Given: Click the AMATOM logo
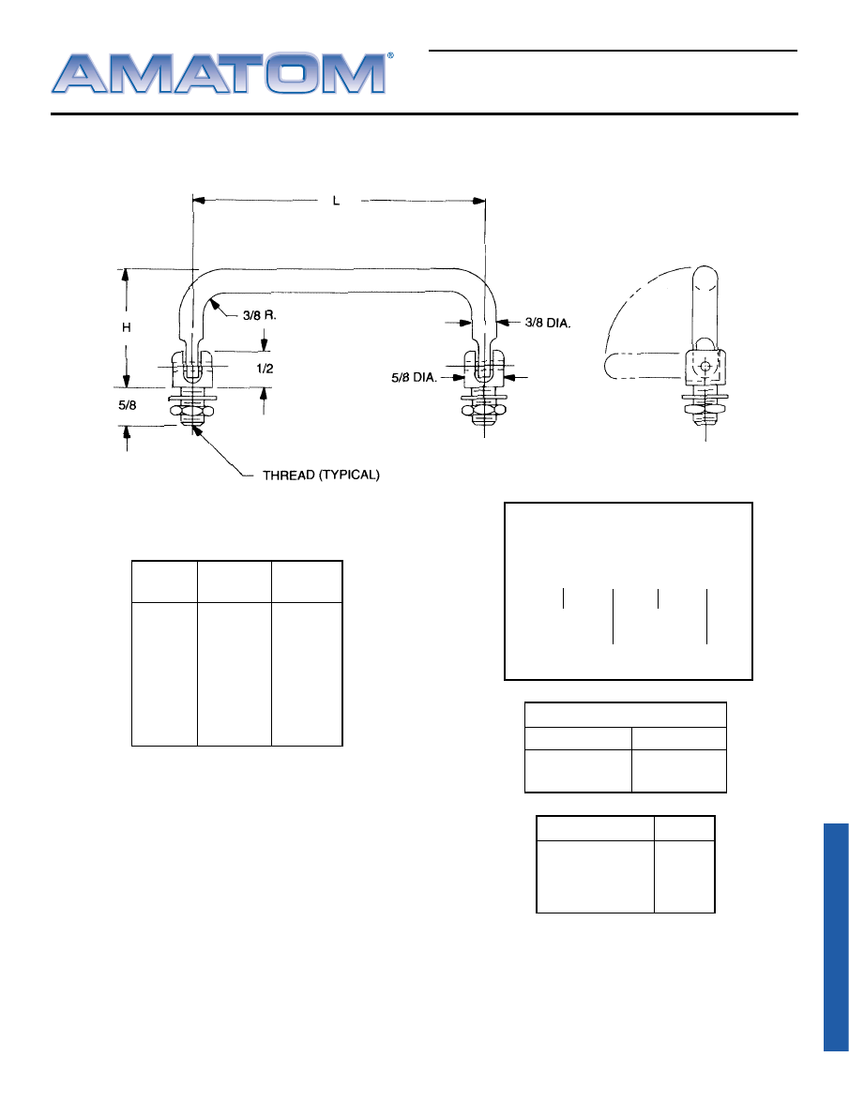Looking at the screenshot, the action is pyautogui.click(x=219, y=73).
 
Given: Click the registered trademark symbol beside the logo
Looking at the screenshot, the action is pyautogui.click(x=391, y=55).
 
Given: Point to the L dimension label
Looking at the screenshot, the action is pyautogui.click(x=336, y=201).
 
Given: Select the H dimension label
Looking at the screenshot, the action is pyautogui.click(x=127, y=327).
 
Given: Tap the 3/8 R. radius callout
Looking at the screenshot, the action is pyautogui.click(x=259, y=315).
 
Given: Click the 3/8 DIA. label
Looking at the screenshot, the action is pyautogui.click(x=548, y=323).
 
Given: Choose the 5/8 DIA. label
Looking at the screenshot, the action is pyautogui.click(x=414, y=377).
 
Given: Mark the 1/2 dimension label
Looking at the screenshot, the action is pyautogui.click(x=265, y=369).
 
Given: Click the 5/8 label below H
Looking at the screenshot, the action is pyautogui.click(x=128, y=405).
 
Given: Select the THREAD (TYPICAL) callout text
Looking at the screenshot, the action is pyautogui.click(x=321, y=476).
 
